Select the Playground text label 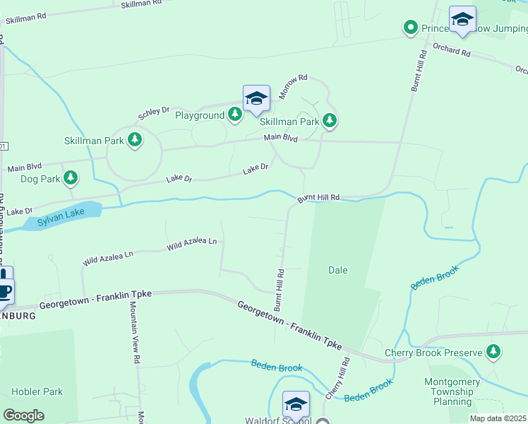(200, 115)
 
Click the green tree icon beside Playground (236, 114)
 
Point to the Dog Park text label (40, 179)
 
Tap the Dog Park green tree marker (70, 179)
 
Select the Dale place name (338, 270)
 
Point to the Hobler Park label (37, 391)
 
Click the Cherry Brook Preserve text (433, 353)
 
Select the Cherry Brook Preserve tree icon (493, 351)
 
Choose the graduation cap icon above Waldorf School (296, 405)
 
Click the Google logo (23, 416)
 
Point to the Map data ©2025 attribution (498, 418)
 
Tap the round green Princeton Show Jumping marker (410, 28)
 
